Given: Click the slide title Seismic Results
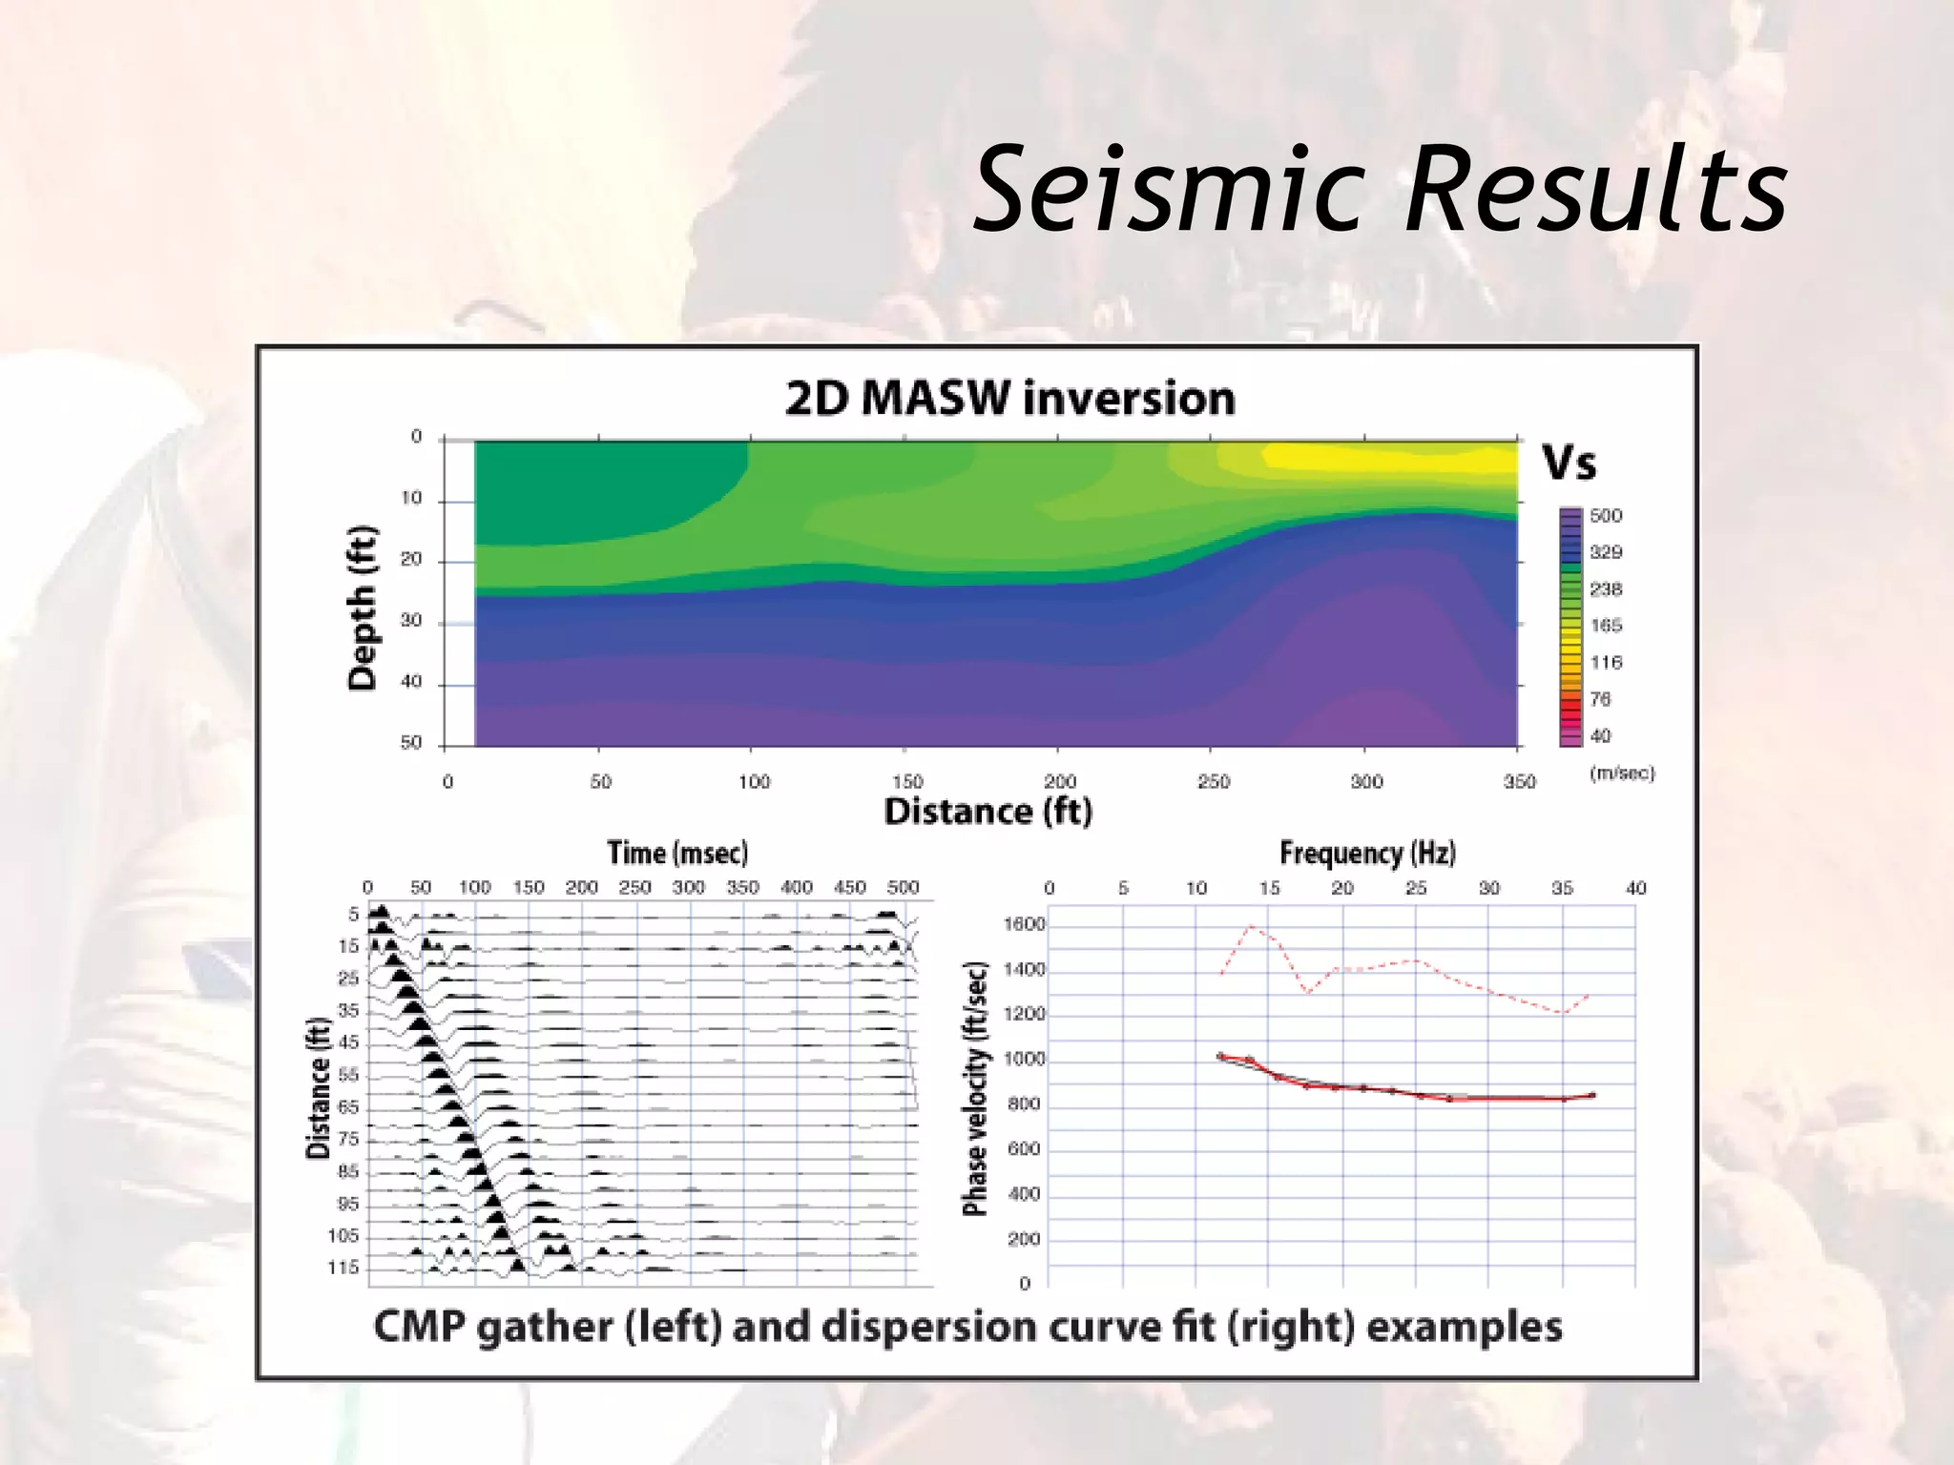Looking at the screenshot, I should point(1380,189).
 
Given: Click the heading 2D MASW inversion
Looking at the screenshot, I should point(1009,399).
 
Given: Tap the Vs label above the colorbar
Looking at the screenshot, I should point(1569,464).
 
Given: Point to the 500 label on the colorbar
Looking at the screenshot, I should point(1605,516).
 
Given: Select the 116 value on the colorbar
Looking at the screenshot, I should point(1605,663).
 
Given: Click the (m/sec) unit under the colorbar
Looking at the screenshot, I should point(1621,774).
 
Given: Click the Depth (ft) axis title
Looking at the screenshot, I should point(363,607).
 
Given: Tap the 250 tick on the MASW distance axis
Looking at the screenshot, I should point(1213,782).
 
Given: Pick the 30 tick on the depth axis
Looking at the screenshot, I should point(410,621).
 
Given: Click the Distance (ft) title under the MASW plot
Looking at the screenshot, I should point(987,813).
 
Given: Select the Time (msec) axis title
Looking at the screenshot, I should point(677,853).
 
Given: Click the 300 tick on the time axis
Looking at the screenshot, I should point(688,888).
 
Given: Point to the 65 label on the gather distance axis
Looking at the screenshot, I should point(348,1107).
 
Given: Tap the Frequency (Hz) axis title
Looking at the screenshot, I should point(1366,853).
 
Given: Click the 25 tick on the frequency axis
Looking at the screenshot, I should point(1416,889).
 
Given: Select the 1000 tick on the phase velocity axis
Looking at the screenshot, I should point(1024,1060).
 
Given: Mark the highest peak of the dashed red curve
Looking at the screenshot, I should point(1250,926).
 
